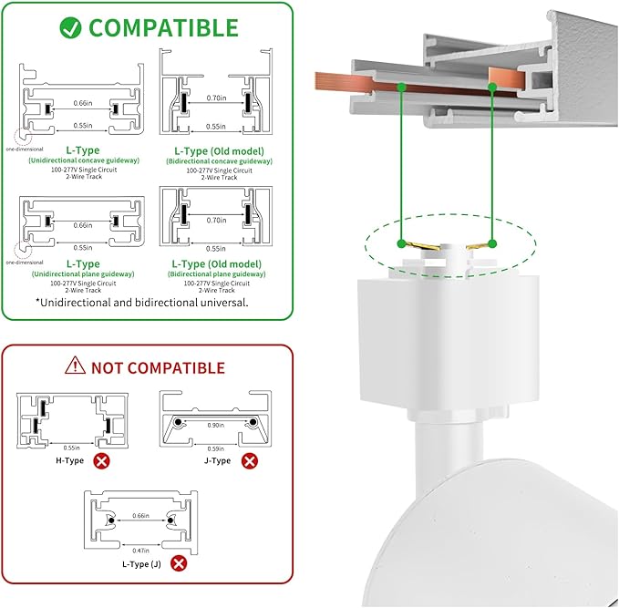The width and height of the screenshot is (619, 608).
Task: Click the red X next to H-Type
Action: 102,461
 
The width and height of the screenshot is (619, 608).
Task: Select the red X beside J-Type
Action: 250,461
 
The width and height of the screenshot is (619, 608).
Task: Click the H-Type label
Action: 69,461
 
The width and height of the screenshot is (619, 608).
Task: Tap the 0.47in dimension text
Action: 141,551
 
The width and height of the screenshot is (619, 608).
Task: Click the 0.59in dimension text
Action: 216,448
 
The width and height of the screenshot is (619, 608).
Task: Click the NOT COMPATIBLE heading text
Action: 157,368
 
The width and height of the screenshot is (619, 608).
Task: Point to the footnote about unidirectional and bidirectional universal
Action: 142,301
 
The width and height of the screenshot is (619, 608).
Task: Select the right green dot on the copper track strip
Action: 491,88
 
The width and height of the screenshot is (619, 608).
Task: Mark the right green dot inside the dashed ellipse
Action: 491,243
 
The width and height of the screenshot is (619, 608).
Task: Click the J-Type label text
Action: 217,461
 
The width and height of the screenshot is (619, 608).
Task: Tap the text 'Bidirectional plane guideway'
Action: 218,273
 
